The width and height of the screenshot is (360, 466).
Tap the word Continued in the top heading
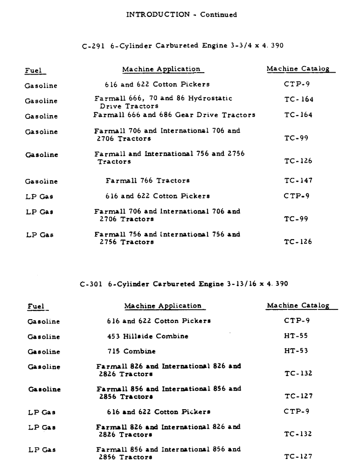[218, 14]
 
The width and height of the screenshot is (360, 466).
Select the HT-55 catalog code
[296, 336]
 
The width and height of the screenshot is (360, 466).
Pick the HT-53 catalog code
[296, 351]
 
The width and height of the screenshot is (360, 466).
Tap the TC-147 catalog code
[298, 180]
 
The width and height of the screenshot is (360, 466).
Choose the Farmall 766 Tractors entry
[147, 180]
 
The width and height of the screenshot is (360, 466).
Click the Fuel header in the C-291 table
[33, 71]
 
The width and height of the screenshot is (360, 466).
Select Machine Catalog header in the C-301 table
[298, 306]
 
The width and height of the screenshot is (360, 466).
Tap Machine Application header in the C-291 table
[161, 69]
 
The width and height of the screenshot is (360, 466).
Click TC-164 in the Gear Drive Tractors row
[299, 115]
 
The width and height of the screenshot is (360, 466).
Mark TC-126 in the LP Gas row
[298, 242]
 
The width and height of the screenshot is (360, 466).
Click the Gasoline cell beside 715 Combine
[44, 351]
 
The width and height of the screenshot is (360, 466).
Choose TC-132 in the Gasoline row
[298, 373]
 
